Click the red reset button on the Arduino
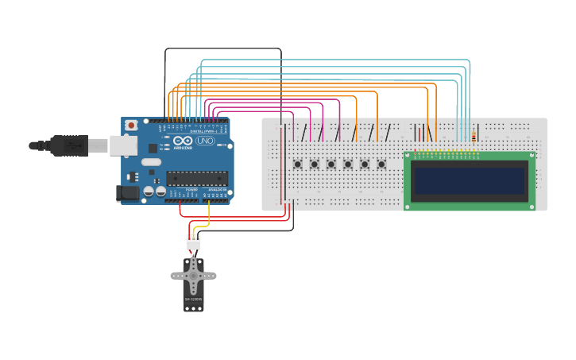point(131,126)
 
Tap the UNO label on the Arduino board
point(206,141)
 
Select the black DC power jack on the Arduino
point(126,192)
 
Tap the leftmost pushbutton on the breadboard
point(298,165)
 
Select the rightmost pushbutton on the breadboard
point(381,165)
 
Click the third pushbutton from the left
point(331,165)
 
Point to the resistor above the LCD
point(474,137)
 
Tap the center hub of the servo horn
point(193,275)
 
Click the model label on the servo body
point(193,300)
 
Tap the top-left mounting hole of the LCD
point(408,156)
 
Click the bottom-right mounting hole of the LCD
point(530,206)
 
